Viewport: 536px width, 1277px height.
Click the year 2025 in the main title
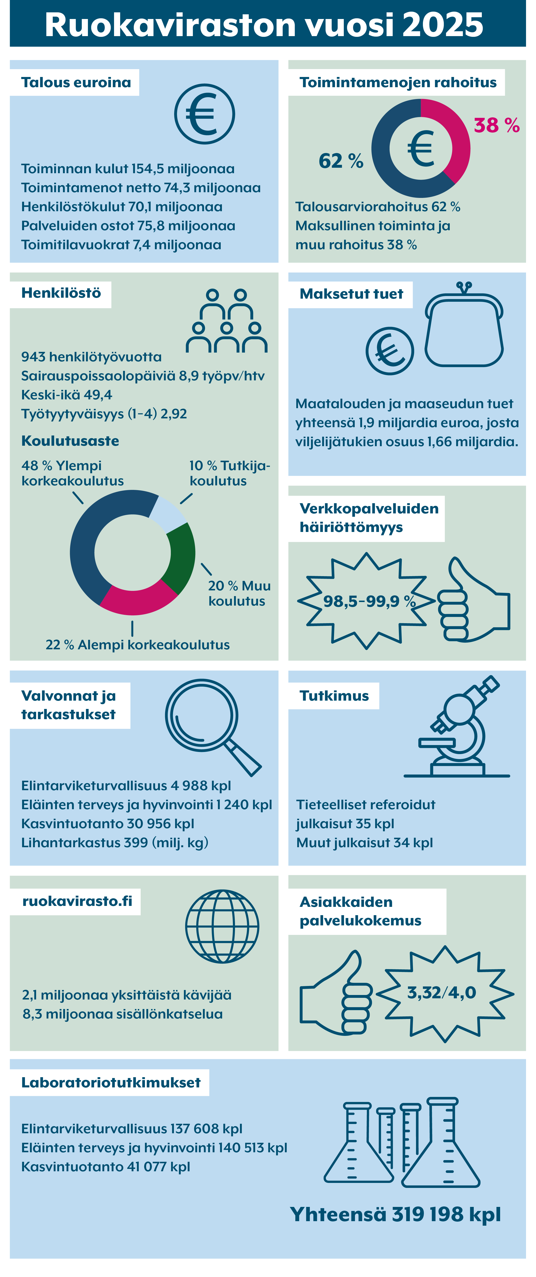pos(442,25)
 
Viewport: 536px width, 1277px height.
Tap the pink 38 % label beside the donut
pos(496,125)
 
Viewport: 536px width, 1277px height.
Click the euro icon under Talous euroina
pos(204,114)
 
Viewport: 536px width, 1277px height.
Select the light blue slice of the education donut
pos(167,513)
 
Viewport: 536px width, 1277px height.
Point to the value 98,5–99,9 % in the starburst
pos(369,601)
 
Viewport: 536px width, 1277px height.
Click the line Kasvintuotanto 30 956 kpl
pos(108,823)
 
